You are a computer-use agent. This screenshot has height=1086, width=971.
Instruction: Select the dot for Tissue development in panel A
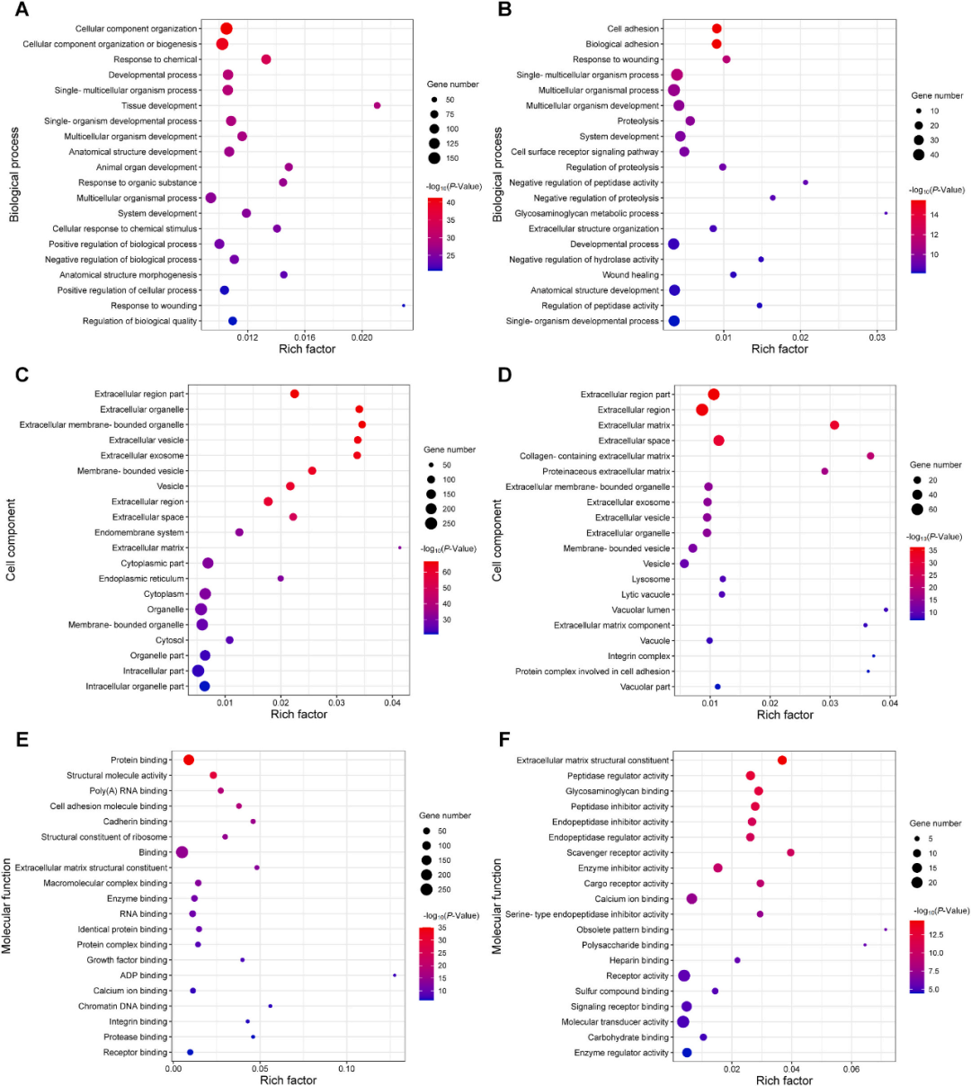[x=377, y=106]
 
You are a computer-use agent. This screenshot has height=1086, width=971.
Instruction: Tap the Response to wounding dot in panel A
[x=403, y=306]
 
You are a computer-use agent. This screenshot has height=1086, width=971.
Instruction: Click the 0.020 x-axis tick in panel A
[x=361, y=337]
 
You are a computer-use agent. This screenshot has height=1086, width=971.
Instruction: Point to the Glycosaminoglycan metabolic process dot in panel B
[x=886, y=213]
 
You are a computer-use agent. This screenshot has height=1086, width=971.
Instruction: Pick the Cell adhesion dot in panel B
[x=717, y=29]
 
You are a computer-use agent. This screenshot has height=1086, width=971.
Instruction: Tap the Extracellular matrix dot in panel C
[x=399, y=547]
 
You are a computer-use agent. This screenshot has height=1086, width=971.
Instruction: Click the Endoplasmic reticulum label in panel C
[x=141, y=579]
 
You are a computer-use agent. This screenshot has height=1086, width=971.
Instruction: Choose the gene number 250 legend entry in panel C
[x=432, y=523]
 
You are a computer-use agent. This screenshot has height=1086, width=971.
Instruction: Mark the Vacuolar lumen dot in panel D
[x=886, y=610]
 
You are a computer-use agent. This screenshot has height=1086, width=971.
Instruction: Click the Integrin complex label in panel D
[x=638, y=656]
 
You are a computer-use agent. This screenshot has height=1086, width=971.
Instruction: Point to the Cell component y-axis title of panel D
[x=498, y=540]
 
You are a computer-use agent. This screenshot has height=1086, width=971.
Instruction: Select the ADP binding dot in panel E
[x=395, y=975]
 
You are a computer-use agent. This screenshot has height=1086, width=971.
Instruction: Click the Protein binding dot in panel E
[x=189, y=761]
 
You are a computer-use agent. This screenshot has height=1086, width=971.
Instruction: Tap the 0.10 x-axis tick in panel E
[x=346, y=1068]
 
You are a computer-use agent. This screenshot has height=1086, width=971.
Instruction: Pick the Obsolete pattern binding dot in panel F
[x=886, y=930]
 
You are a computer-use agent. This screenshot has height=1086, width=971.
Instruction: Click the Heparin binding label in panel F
[x=638, y=960]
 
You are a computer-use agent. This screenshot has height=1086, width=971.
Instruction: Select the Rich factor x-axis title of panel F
[x=784, y=1080]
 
